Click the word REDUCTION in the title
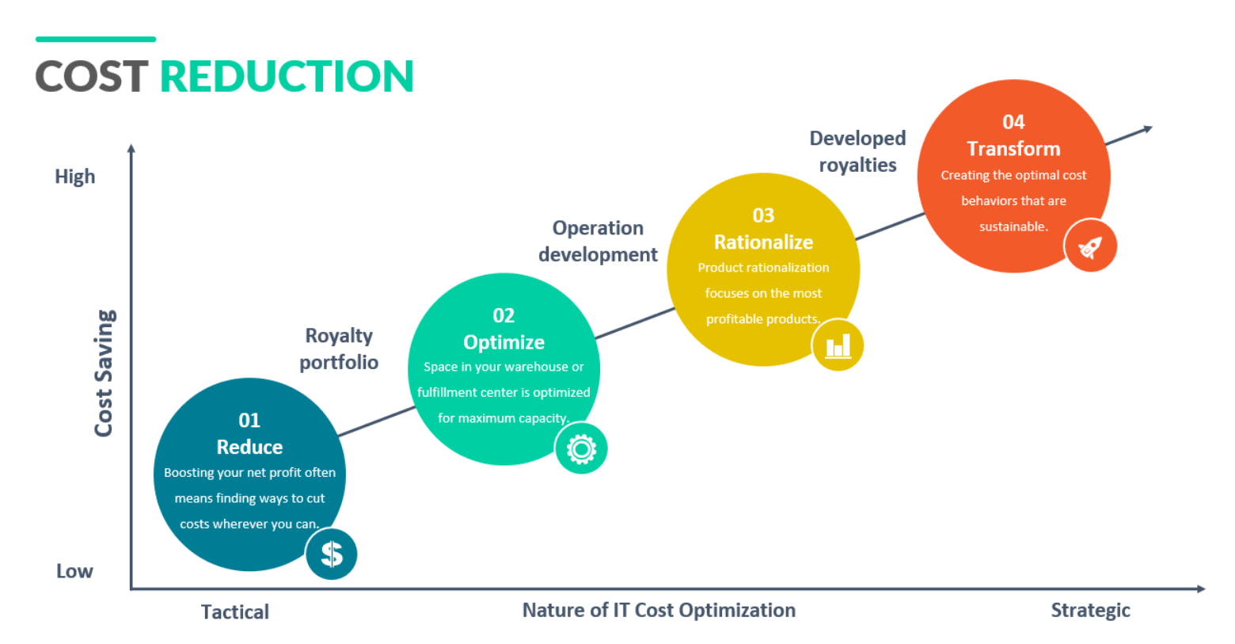point(287,77)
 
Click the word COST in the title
point(91,77)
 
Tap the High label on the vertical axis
point(75,177)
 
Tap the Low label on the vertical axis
point(74,571)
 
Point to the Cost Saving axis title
point(104,372)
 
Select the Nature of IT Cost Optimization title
point(659,610)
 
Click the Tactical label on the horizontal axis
point(235,612)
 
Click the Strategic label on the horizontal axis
point(1090,610)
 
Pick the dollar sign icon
point(332,554)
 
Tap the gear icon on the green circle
point(581,449)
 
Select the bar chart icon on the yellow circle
point(838,346)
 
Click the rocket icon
point(1090,246)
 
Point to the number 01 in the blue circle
point(249,420)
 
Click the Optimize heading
point(503,342)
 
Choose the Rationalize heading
point(763,242)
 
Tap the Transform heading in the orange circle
point(1013,149)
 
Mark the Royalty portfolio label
point(339,349)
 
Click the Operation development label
point(598,241)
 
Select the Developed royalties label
point(857,151)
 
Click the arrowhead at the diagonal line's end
point(1147,128)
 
